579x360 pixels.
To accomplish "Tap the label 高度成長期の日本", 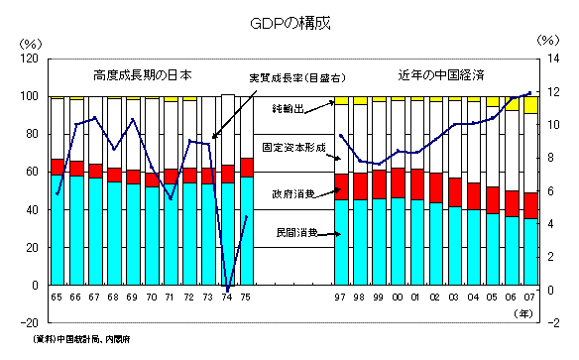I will [143, 75].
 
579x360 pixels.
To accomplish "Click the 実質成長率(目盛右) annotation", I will [294, 78].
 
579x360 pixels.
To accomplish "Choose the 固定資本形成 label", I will [293, 147].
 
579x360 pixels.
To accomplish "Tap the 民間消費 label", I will [296, 233].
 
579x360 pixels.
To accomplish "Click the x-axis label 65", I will [58, 298].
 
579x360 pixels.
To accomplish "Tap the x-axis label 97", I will [341, 298].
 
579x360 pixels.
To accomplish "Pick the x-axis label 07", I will [529, 298].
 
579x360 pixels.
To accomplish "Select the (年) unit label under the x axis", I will [524, 312].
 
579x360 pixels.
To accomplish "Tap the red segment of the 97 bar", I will [341, 186].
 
